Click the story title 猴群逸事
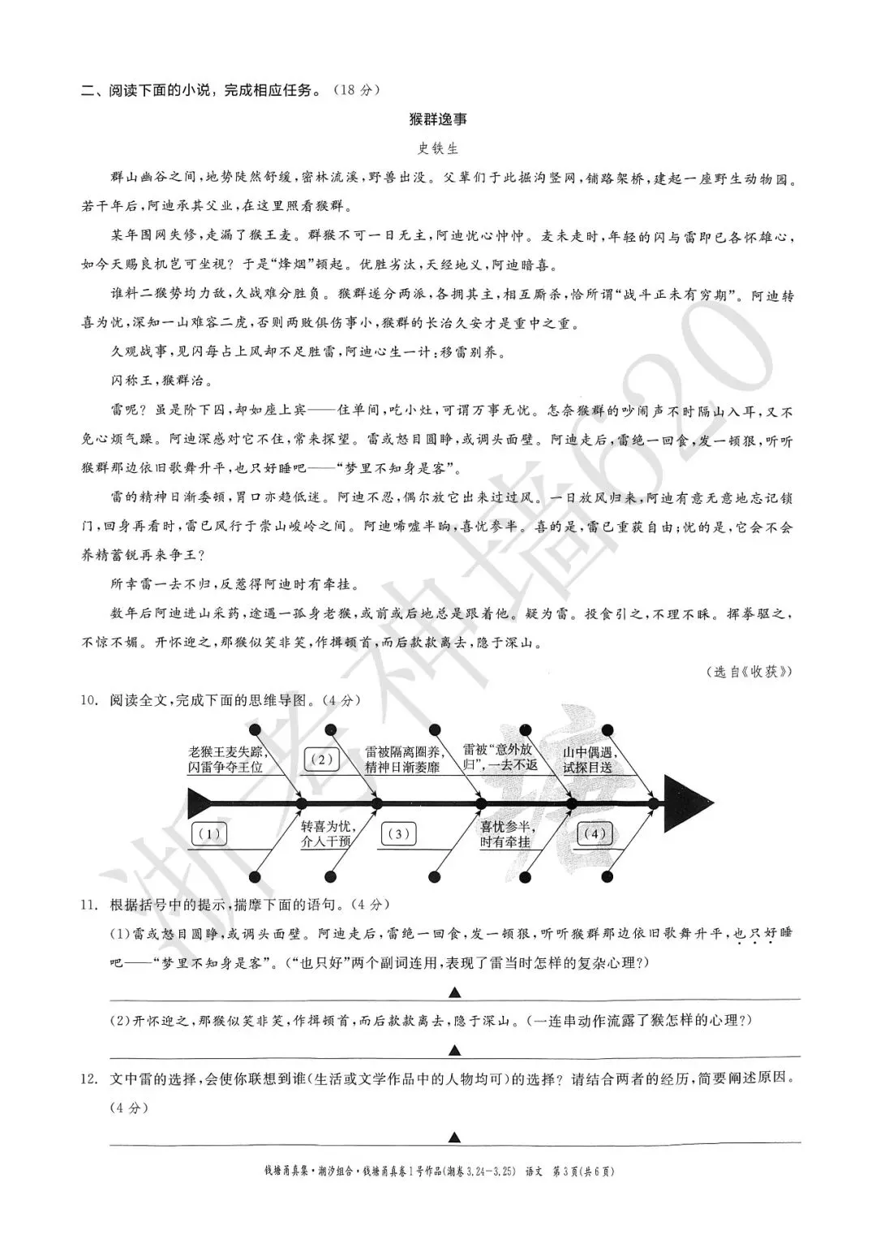click(438, 119)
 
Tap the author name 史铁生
click(438, 148)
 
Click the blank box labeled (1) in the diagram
click(209, 833)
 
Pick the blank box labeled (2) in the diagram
click(322, 759)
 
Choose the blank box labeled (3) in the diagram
click(398, 833)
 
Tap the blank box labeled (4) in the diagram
click(595, 833)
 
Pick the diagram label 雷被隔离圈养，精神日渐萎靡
click(402, 759)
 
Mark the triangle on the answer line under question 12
click(455, 1137)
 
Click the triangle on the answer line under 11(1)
click(455, 992)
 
